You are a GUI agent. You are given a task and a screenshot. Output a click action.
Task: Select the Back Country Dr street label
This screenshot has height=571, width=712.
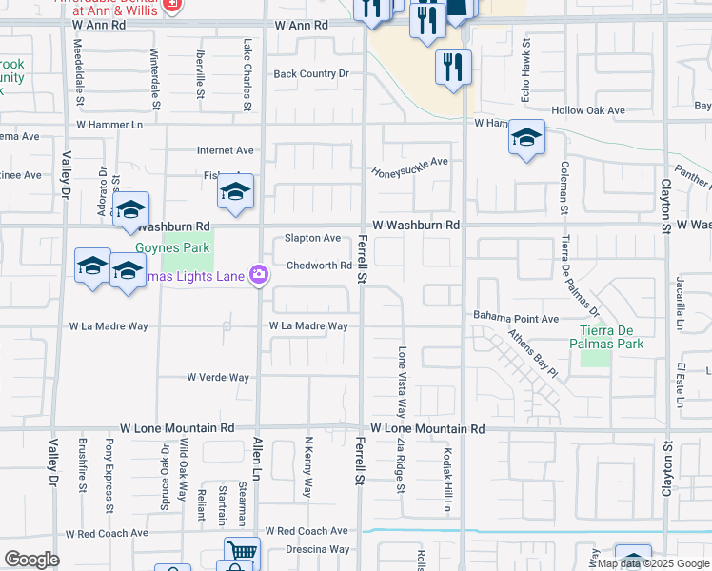tap(311, 74)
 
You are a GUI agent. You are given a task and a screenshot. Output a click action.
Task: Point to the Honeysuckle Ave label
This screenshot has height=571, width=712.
tap(409, 162)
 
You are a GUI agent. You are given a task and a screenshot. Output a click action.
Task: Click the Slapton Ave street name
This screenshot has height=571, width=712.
tap(313, 238)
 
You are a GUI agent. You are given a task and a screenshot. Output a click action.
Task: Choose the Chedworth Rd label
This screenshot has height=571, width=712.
tap(320, 266)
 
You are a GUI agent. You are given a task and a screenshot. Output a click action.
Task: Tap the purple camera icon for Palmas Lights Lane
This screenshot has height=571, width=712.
tap(258, 276)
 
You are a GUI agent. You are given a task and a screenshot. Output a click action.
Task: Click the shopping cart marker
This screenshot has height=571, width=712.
tap(242, 552)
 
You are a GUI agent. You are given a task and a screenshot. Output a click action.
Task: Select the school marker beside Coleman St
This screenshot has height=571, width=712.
tap(526, 138)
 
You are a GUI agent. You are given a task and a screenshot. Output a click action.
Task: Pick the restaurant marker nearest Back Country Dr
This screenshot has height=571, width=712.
tap(454, 67)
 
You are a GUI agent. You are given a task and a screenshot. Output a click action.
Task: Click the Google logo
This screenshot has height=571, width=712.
tap(32, 559)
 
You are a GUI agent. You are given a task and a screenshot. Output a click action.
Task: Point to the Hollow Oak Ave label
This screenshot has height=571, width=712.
tap(595, 111)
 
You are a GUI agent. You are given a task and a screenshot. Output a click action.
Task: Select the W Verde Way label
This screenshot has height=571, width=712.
tap(218, 378)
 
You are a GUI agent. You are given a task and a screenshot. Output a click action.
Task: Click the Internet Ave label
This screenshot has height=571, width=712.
tap(226, 150)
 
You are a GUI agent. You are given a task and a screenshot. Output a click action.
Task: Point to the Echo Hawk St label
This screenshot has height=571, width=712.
tap(524, 71)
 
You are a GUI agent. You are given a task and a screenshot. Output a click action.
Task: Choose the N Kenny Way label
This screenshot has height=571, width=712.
tap(307, 466)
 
